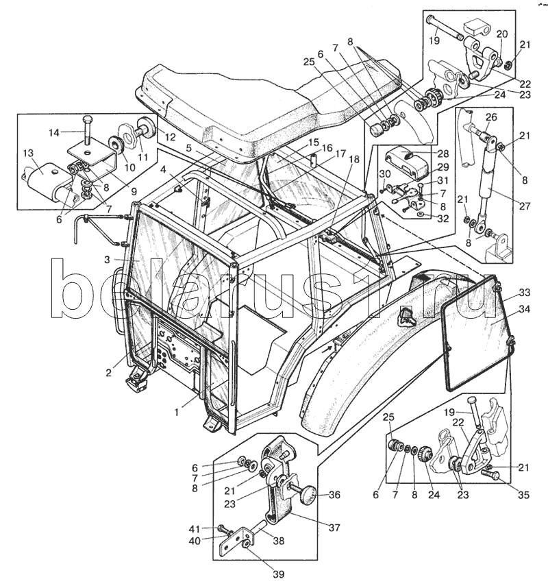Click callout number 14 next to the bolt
[55, 132]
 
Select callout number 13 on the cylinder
[29, 153]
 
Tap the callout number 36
[334, 495]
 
